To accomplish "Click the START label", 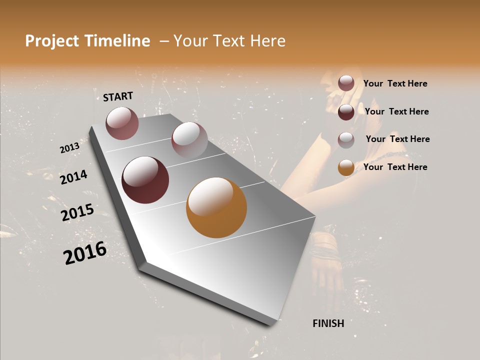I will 118,96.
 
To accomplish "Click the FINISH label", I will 328,323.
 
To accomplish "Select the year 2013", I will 69,148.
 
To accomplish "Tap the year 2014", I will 73,177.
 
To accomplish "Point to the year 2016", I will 85,253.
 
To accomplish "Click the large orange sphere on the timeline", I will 216,207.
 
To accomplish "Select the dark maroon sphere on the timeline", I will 145,180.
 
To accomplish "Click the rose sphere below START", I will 122,123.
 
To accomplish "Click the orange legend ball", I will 346,167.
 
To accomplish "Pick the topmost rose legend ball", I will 346,83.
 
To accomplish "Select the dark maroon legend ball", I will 346,112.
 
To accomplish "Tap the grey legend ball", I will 346,139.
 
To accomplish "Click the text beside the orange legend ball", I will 395,167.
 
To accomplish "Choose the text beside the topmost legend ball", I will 395,83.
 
